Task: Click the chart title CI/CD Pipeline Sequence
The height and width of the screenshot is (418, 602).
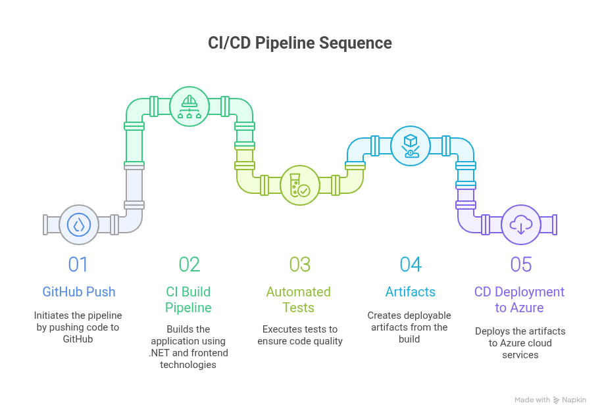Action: [x=300, y=43]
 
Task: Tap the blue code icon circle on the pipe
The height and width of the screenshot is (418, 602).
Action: [x=79, y=225]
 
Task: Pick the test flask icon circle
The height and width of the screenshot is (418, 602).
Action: [x=300, y=185]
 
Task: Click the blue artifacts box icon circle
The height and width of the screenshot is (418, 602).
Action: [x=411, y=145]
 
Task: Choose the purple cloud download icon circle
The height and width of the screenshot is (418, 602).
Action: [x=521, y=225]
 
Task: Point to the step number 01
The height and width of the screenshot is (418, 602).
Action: [x=78, y=264]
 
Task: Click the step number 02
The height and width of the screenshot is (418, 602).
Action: [x=189, y=264]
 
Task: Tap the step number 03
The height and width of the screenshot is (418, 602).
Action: [x=300, y=264]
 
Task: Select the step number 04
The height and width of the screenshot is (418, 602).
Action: [x=411, y=264]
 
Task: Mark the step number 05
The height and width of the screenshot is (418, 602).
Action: [x=521, y=264]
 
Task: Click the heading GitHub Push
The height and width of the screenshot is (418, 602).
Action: [x=78, y=292]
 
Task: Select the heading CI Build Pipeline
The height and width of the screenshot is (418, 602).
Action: [x=188, y=300]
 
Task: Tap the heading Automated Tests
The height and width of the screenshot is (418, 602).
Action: [x=299, y=300]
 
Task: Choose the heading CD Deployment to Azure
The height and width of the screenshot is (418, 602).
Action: [x=520, y=300]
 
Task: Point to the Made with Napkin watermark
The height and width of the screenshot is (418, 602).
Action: [x=550, y=400]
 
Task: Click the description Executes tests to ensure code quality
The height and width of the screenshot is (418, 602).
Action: [x=299, y=335]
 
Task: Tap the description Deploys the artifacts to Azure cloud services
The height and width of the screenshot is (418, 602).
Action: [x=520, y=343]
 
